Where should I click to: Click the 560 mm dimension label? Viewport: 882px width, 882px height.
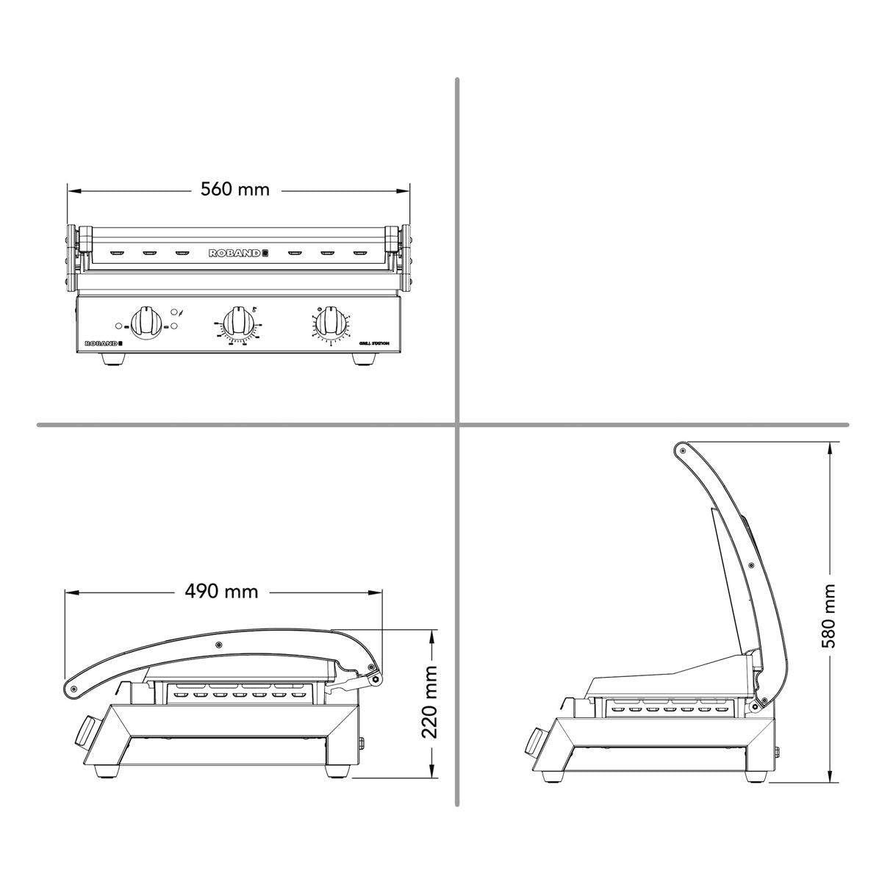point(235,190)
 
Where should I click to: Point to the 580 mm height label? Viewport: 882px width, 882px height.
point(831,616)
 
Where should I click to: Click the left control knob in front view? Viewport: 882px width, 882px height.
point(148,323)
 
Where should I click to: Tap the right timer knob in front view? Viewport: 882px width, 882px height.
point(331,323)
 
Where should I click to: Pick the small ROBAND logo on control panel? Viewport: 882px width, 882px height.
point(102,343)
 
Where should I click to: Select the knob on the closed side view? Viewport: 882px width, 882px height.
point(87,731)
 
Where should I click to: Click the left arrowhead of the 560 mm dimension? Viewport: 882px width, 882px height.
point(71,190)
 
